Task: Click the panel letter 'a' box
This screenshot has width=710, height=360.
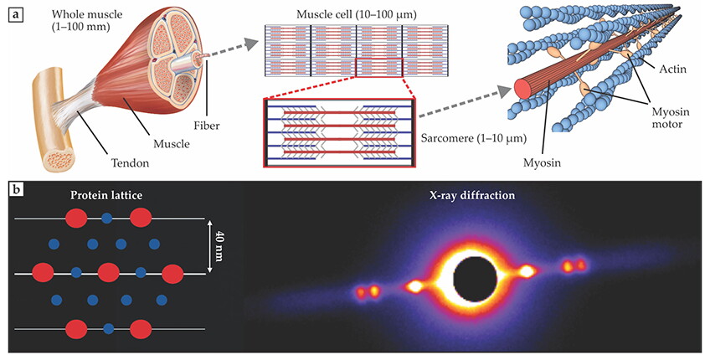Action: (x=16, y=16)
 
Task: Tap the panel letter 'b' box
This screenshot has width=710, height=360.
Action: (x=16, y=189)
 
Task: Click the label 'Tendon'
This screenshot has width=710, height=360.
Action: (x=131, y=162)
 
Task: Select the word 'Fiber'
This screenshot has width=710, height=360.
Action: (x=207, y=126)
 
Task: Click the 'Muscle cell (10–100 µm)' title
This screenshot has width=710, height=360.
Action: (x=357, y=15)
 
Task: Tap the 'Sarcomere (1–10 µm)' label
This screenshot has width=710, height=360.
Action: (x=474, y=138)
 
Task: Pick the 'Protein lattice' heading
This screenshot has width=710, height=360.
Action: (x=106, y=196)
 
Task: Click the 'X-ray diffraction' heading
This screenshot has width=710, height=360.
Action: (x=472, y=196)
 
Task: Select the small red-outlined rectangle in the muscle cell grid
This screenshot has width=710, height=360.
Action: (x=378, y=68)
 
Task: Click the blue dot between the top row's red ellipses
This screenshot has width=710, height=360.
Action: (x=107, y=219)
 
